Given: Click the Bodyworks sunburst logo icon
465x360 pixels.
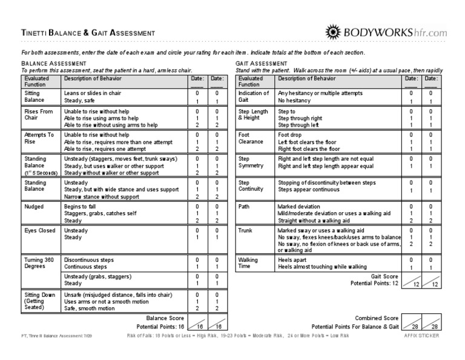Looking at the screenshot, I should pyautogui.click(x=336, y=32).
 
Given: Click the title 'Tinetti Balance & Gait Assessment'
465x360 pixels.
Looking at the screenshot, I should pyautogui.click(x=88, y=33).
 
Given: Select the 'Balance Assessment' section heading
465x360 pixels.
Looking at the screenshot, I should pyautogui.click(x=53, y=64).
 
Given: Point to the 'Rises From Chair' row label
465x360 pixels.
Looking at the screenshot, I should pyautogui.click(x=39, y=115).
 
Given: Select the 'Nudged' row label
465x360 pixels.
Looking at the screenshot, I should pyautogui.click(x=33, y=206).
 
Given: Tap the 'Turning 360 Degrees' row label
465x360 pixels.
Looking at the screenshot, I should pyautogui.click(x=39, y=262).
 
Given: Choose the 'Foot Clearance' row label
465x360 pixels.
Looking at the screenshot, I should pyautogui.click(x=251, y=138).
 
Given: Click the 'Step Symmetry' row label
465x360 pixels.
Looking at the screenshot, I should pyautogui.click(x=251, y=161).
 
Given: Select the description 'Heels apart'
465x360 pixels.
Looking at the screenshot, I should pyautogui.click(x=292, y=259).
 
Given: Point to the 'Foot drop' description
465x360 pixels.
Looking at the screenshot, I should pyautogui.click(x=291, y=135).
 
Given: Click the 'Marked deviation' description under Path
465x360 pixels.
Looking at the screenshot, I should pyautogui.click(x=299, y=207).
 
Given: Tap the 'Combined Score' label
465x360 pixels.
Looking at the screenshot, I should pyautogui.click(x=377, y=318).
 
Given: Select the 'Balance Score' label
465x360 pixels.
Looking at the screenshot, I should pyautogui.click(x=164, y=318).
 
